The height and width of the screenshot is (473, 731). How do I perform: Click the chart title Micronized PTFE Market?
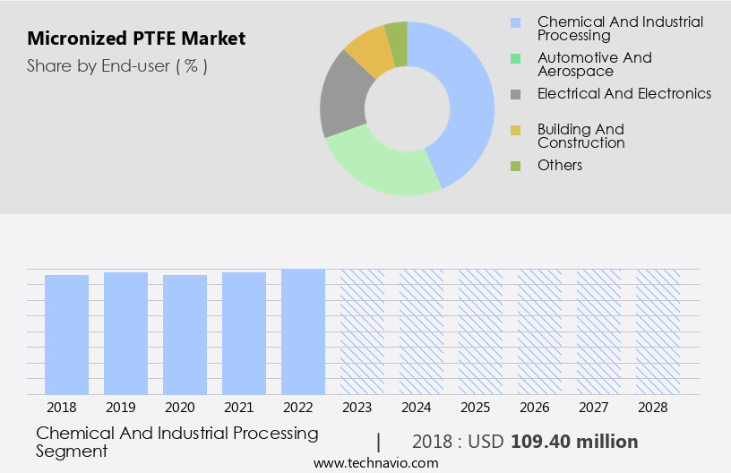tap(136, 39)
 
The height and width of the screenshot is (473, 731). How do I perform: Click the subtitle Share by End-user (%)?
tap(117, 65)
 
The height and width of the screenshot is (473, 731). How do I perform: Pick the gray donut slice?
tap(341, 99)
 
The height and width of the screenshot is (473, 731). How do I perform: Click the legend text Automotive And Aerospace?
tap(594, 64)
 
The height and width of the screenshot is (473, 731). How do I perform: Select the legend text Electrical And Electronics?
tap(623, 93)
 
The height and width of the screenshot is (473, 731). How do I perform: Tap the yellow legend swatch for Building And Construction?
tap(515, 131)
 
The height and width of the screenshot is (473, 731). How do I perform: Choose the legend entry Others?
tap(559, 165)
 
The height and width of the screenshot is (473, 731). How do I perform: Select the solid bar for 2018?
tap(67, 334)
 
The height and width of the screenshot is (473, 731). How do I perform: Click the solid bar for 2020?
tap(185, 334)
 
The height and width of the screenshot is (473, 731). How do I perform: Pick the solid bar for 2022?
tap(304, 331)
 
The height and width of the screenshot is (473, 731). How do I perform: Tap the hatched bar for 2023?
tap(363, 331)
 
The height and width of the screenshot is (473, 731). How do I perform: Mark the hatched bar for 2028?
tap(658, 331)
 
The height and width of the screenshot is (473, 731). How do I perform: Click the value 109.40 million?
tap(574, 442)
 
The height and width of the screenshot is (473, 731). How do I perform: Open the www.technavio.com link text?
tap(375, 463)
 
